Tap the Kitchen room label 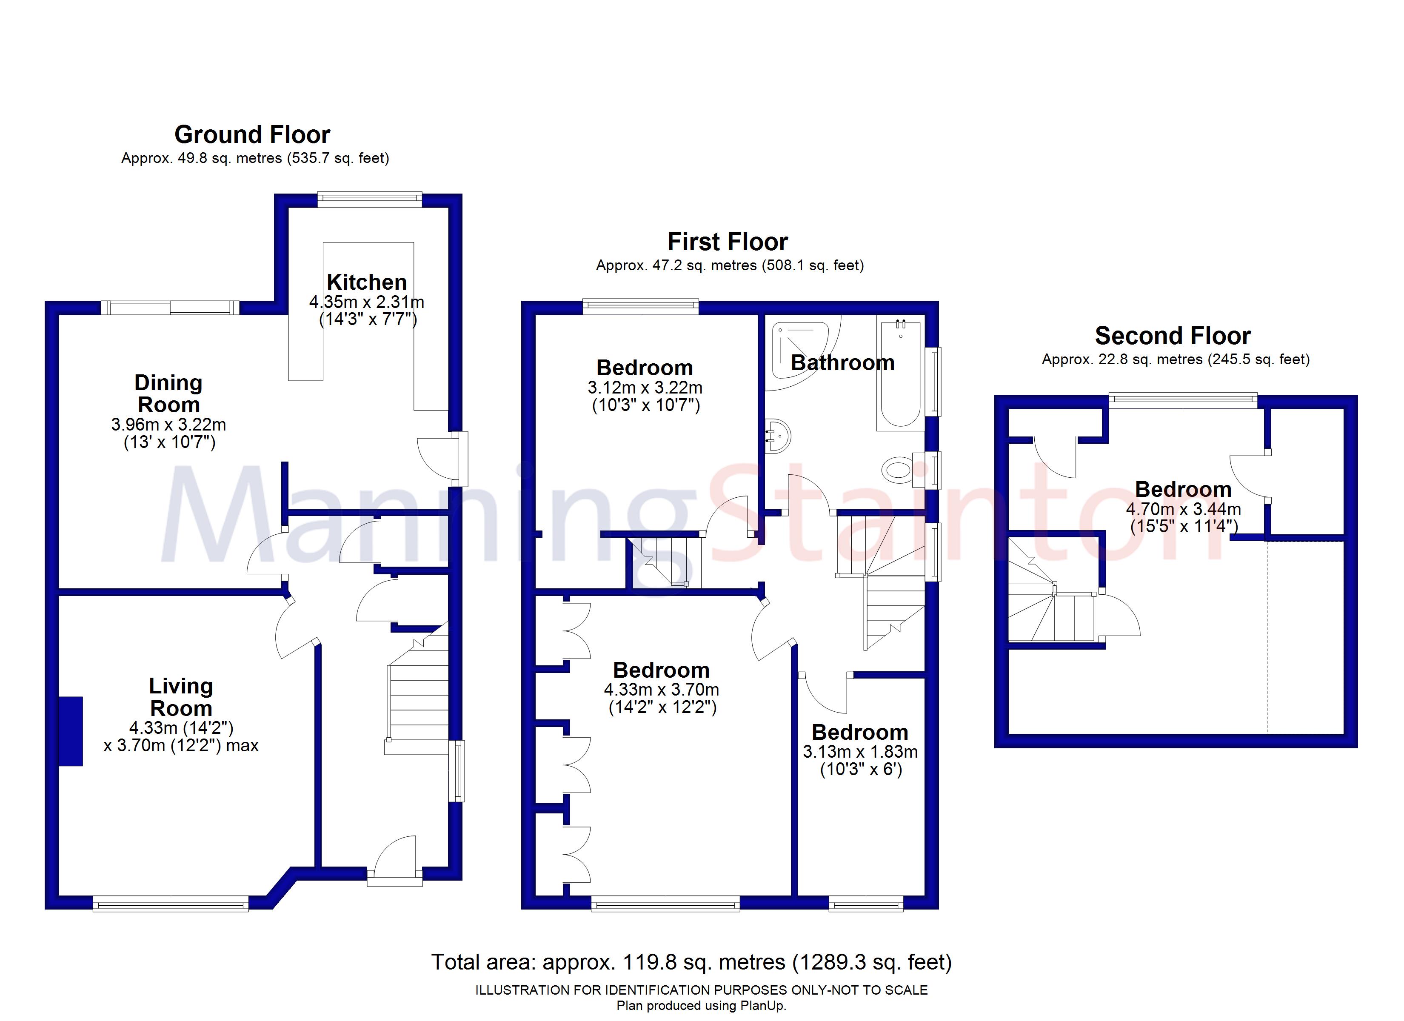(x=366, y=282)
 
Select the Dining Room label (x=168, y=394)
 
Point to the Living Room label (x=181, y=697)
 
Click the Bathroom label (x=842, y=363)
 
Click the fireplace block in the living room (x=71, y=731)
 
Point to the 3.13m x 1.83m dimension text (x=860, y=752)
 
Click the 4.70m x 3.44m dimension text (x=1183, y=509)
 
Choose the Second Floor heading (x=1173, y=336)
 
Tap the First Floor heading (x=728, y=242)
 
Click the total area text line (x=691, y=961)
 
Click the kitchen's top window (x=370, y=200)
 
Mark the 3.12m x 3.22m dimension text (x=645, y=388)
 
